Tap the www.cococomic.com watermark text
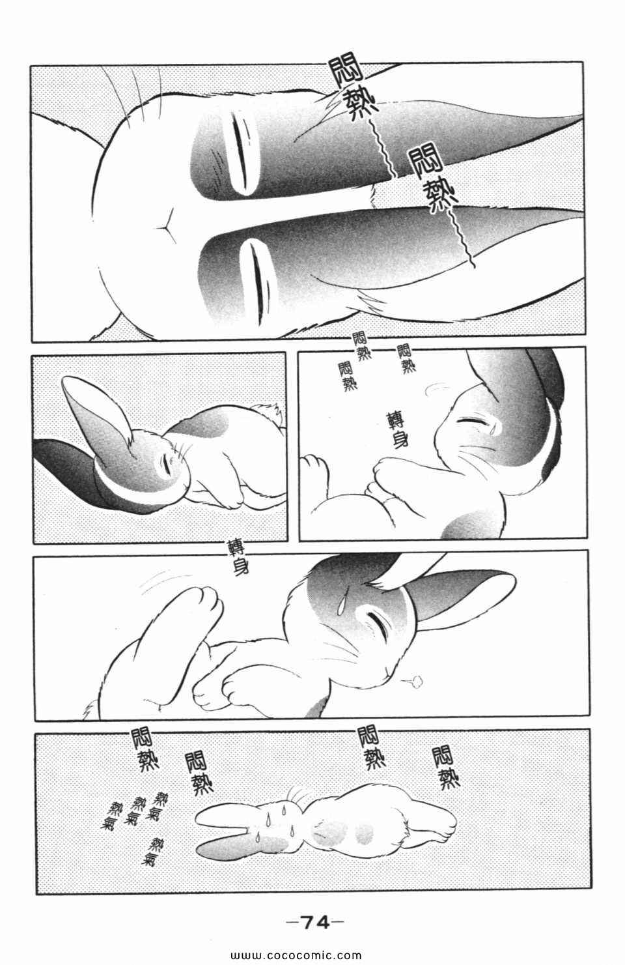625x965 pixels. pyautogui.click(x=296, y=955)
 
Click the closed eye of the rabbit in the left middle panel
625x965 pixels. pyautogui.click(x=166, y=463)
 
